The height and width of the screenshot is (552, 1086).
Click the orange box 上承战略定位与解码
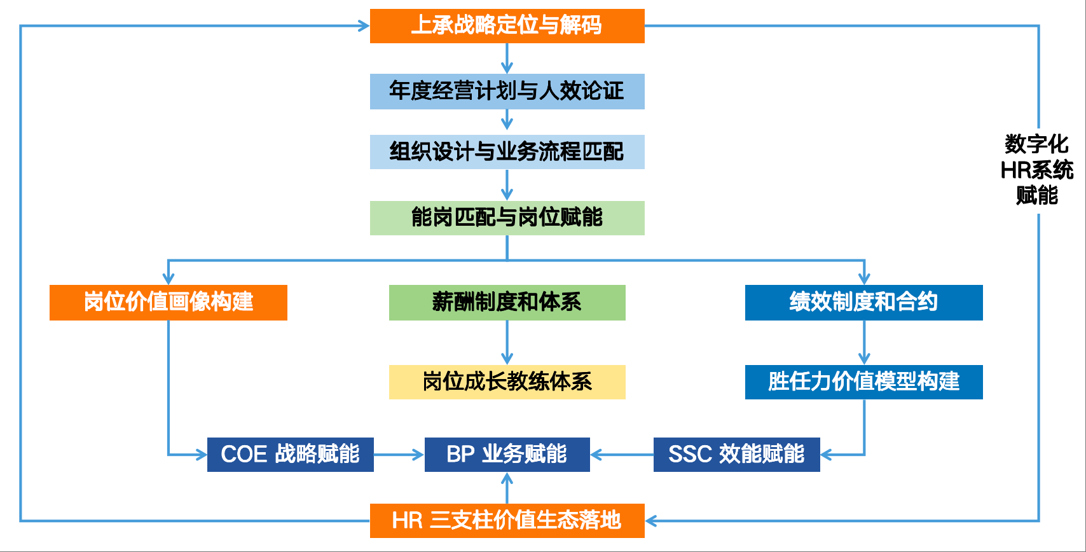[507, 26]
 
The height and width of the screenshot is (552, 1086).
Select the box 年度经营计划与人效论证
[507, 92]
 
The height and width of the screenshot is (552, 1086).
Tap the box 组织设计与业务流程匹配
[507, 152]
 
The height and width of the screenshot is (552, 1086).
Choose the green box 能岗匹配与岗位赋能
[507, 218]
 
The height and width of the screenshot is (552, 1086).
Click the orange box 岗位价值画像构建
[168, 303]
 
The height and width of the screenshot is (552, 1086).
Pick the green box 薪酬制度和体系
[507, 303]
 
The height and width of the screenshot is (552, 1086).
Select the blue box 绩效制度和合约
[863, 303]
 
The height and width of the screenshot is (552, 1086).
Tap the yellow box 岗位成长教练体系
[507, 382]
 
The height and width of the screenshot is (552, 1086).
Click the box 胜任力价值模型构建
[863, 382]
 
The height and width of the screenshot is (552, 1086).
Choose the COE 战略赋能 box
[290, 455]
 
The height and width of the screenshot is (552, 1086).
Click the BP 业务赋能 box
[507, 455]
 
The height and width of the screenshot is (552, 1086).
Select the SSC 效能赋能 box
[736, 455]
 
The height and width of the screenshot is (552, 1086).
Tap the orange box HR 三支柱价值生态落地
[507, 521]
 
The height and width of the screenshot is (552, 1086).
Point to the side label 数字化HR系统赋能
[1036, 170]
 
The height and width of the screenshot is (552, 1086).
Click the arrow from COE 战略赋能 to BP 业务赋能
[399, 455]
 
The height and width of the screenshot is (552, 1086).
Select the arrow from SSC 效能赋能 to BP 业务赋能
[622, 455]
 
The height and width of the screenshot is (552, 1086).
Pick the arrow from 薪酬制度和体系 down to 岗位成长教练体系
[507, 343]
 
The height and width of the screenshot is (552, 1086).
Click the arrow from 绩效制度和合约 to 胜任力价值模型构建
[863, 343]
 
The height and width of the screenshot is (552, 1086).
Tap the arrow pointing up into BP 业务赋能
[507, 488]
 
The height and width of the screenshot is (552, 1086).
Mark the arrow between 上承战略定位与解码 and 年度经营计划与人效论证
[507, 59]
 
